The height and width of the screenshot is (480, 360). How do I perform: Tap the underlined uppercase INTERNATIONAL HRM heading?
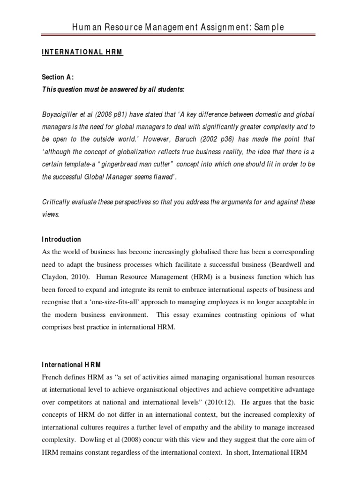click(82, 52)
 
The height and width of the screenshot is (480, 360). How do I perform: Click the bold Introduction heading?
click(61, 239)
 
